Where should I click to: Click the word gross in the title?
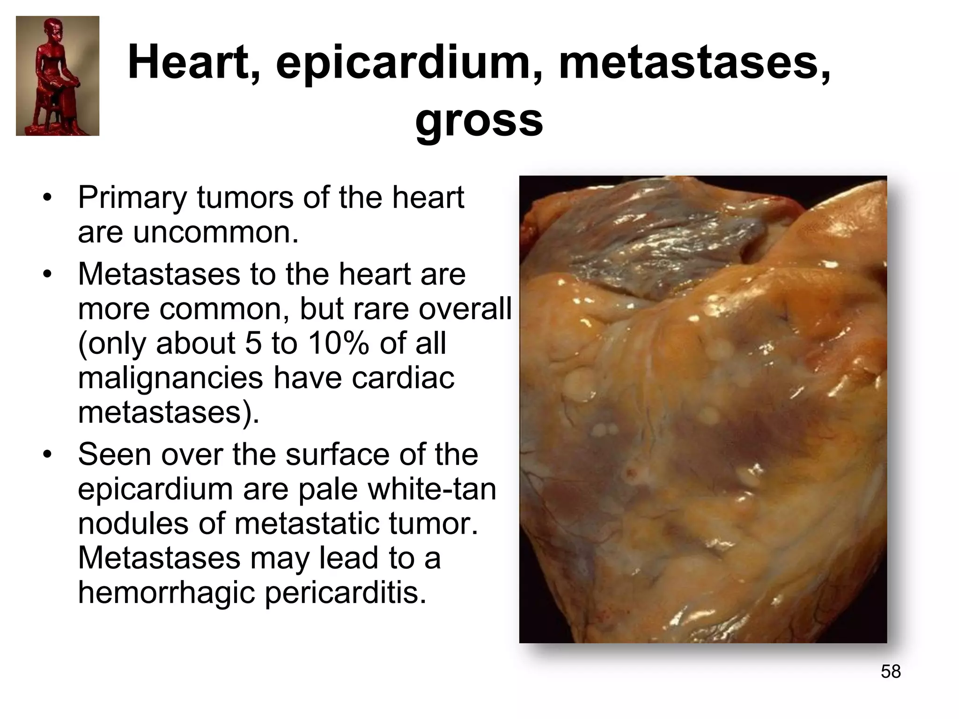coord(479,121)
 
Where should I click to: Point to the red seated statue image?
coord(58,76)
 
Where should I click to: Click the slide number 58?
coord(891,671)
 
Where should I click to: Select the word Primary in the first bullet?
coord(133,198)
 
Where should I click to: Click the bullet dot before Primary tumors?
coord(46,198)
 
